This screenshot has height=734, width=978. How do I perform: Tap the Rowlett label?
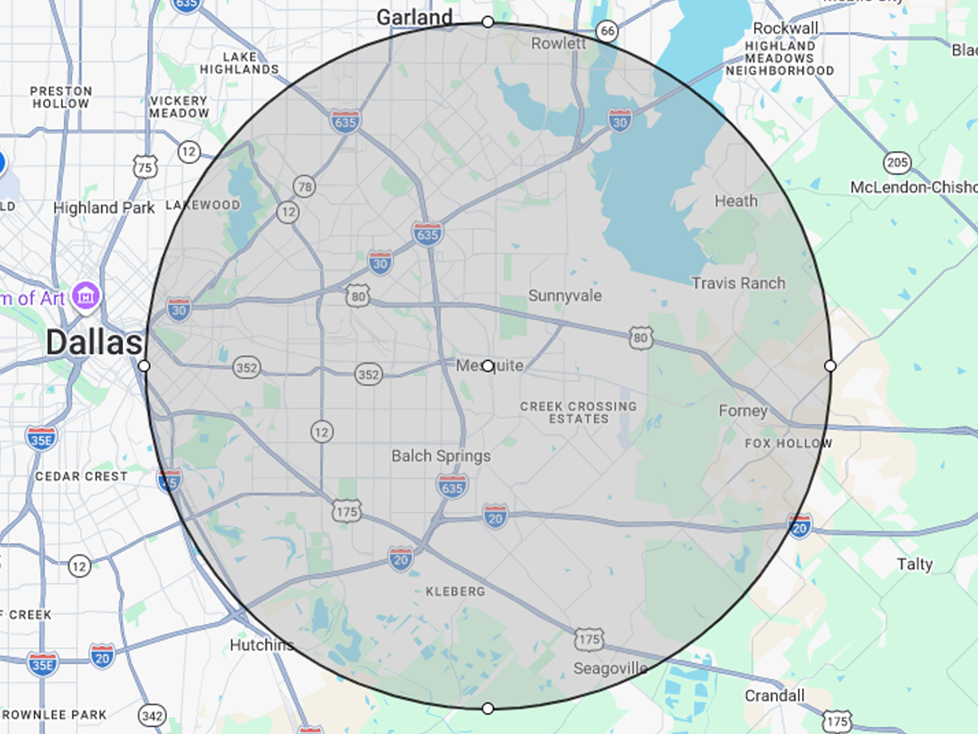pos(558,43)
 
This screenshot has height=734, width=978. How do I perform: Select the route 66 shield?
pos(606,31)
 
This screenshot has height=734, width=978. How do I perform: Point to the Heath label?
pos(736,201)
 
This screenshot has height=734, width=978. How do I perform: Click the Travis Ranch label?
pos(738,283)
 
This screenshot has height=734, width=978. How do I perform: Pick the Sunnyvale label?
pos(565,295)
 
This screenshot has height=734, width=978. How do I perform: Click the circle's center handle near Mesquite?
pos(487,366)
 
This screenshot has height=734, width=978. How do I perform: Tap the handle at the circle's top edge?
pos(487,22)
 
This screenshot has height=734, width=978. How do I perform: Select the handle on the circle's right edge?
pos(830,366)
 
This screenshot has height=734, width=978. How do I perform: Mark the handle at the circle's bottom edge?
pos(487,708)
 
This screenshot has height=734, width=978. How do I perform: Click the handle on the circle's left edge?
pos(144,366)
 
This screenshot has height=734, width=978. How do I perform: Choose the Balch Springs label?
pos(441,456)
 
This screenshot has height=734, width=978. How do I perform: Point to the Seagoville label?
pos(610,669)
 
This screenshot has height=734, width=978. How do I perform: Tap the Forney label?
pos(742,411)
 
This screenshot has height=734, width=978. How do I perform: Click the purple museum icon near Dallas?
pos(86,295)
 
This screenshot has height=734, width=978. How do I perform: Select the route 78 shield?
pos(305,187)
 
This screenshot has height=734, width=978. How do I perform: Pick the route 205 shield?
pos(897,162)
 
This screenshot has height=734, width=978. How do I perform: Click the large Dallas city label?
pos(94,343)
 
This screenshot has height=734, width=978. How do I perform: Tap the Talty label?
pos(914,564)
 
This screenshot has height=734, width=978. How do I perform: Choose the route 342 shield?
pos(152,715)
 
